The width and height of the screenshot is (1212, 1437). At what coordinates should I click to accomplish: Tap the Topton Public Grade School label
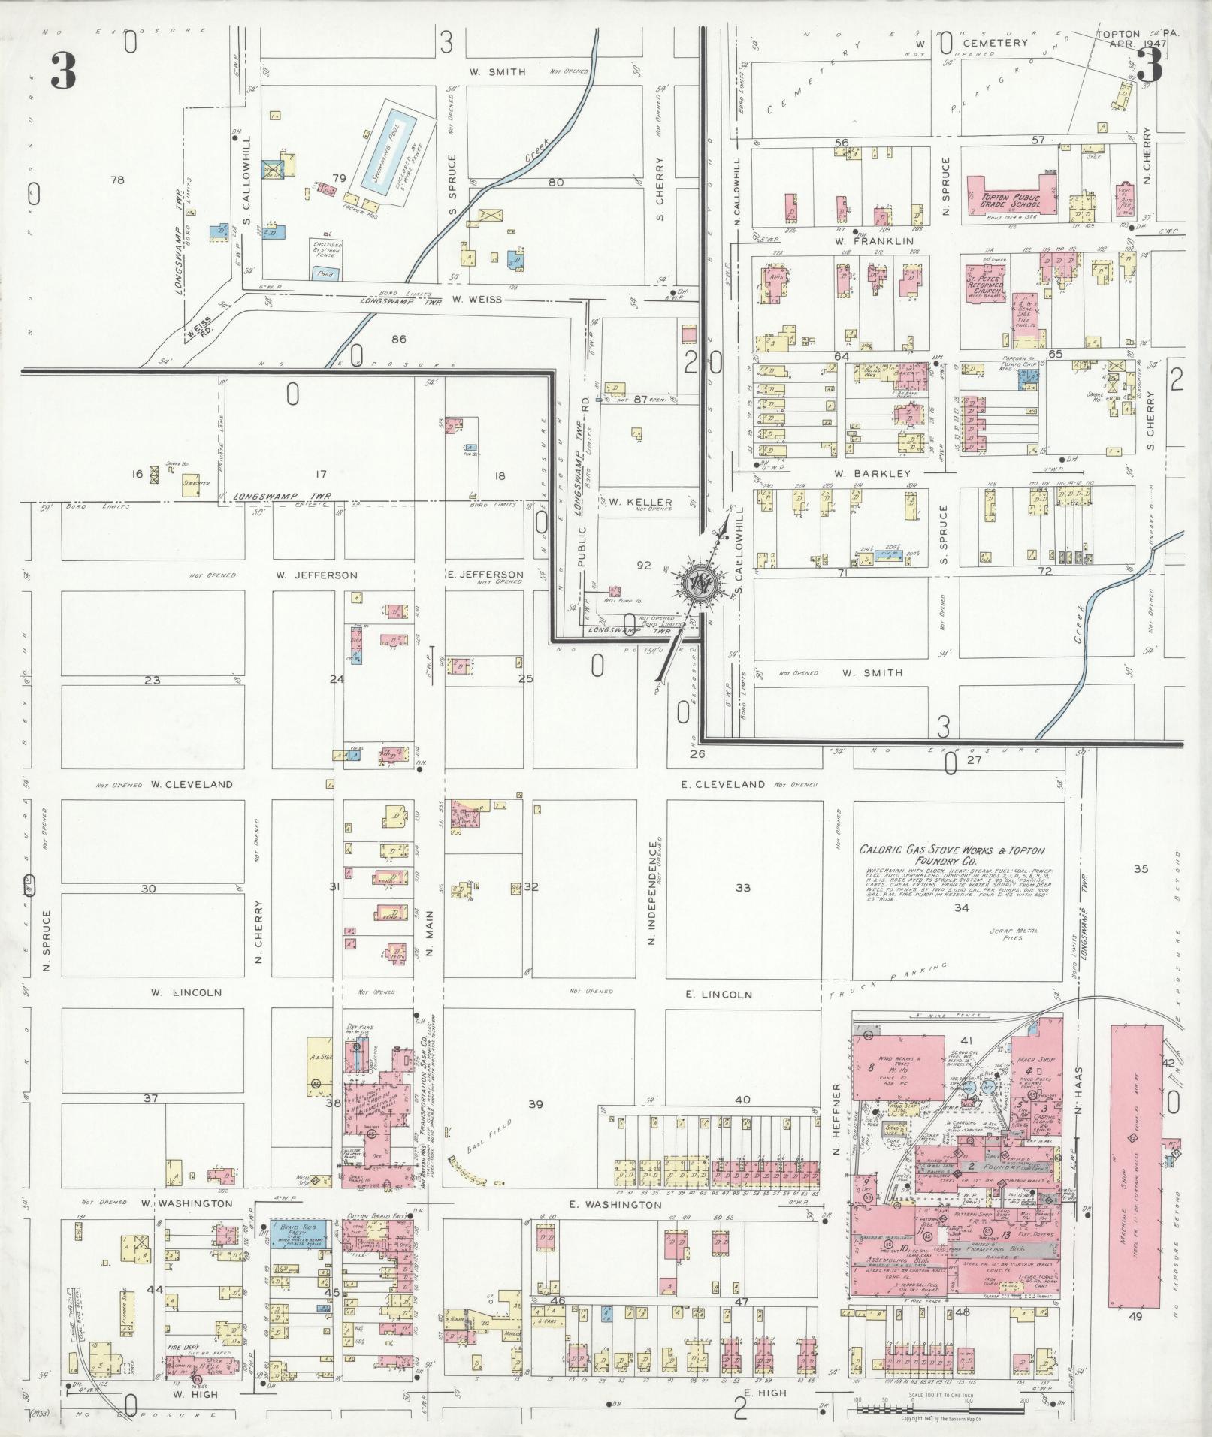coord(1011,201)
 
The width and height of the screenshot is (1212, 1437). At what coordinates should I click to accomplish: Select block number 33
coord(742,888)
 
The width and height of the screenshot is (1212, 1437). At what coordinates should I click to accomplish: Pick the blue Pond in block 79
coord(325,273)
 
